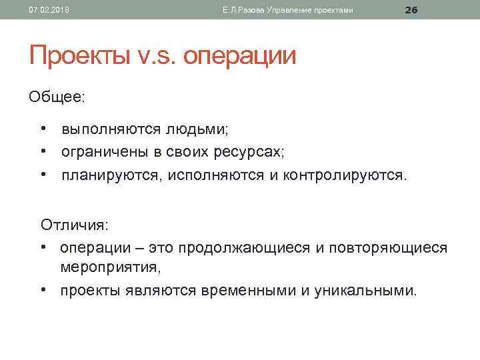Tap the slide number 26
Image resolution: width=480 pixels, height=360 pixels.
click(411, 9)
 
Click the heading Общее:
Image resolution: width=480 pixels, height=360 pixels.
click(57, 97)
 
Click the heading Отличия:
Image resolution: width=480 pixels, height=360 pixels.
click(75, 223)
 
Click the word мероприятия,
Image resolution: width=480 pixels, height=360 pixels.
click(111, 267)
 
